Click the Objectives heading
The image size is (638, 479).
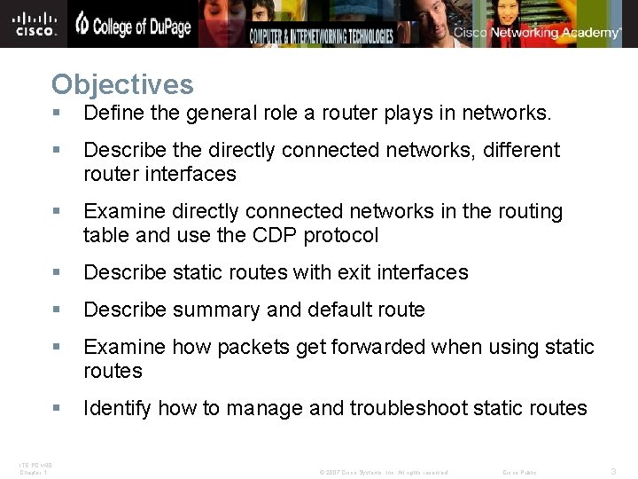(x=122, y=85)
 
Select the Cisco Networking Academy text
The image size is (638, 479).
(x=538, y=33)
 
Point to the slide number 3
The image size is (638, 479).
(x=614, y=472)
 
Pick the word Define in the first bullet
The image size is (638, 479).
(x=110, y=114)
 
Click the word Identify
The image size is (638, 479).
(x=116, y=408)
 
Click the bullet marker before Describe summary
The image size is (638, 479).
(x=56, y=310)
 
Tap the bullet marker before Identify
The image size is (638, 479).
(x=56, y=408)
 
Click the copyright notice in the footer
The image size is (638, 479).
(x=383, y=472)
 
